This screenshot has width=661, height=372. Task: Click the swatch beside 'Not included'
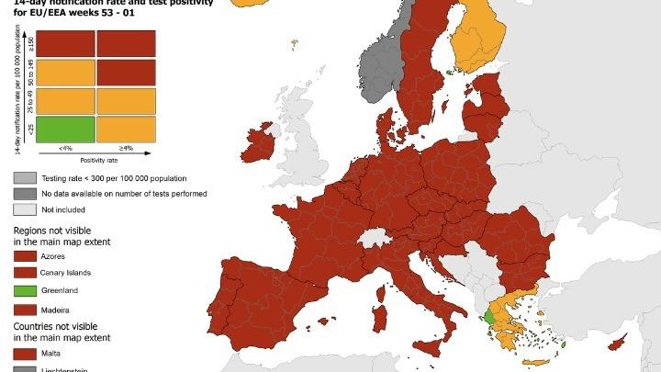click(x=25, y=210)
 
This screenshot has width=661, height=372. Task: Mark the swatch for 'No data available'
click(x=25, y=194)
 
